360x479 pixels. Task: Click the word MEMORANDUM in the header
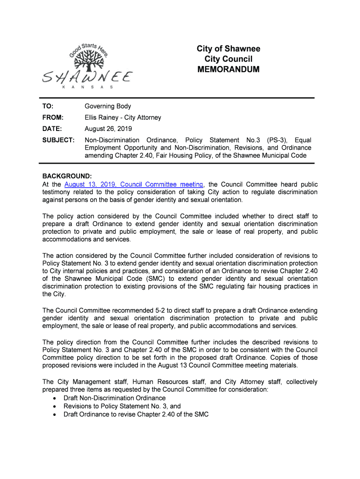229,69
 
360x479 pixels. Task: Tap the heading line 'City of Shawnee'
229,49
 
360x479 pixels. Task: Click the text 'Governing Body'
108,106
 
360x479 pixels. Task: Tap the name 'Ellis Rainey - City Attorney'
122,117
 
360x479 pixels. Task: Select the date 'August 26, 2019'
108,129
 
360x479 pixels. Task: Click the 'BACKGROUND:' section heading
67,176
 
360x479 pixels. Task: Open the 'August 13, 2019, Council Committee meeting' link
134,184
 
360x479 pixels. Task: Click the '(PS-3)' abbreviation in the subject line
277,140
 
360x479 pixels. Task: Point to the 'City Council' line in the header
229,59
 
